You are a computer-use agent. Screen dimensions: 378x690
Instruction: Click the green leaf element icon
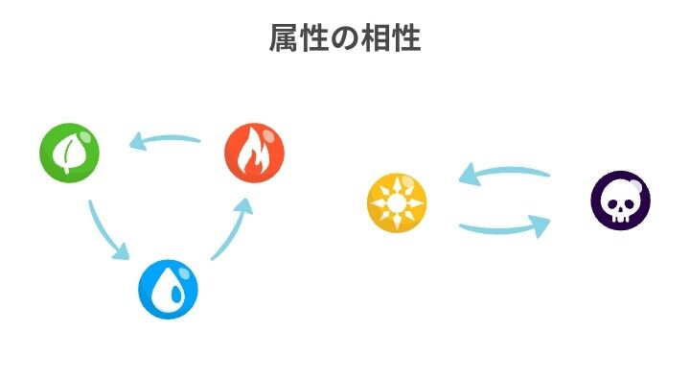coord(70,152)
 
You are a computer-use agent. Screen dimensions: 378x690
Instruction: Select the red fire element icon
coord(254,152)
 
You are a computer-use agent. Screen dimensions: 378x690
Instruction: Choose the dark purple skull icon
coord(620,201)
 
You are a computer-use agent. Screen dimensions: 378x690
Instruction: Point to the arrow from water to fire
coord(233,229)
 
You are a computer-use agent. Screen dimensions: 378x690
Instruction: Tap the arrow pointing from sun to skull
coord(504,229)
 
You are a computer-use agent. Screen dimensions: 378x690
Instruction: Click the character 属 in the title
coord(283,39)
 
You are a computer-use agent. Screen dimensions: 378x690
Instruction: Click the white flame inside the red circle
coord(254,154)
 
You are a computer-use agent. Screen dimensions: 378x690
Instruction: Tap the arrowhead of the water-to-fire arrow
coord(245,205)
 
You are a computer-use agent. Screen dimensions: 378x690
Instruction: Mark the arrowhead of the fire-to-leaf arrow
coord(137,144)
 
